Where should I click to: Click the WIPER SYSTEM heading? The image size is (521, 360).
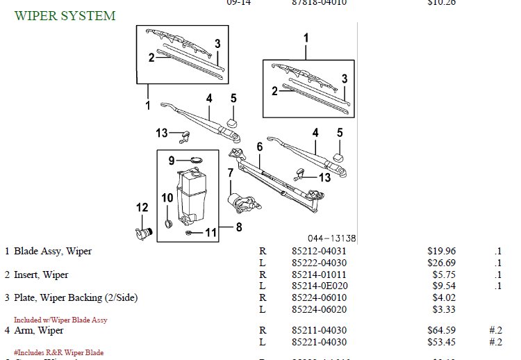pyautogui.click(x=65, y=15)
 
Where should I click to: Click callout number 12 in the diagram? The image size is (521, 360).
pyautogui.click(x=142, y=207)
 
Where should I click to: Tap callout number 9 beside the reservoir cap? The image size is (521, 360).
pyautogui.click(x=171, y=161)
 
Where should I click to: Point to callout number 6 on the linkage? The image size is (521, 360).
pyautogui.click(x=260, y=147)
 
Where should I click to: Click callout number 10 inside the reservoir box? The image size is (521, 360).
pyautogui.click(x=167, y=198)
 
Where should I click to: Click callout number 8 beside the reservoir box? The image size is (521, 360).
pyautogui.click(x=238, y=227)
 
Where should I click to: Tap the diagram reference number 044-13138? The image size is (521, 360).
pyautogui.click(x=332, y=238)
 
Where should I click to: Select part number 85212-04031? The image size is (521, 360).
pyautogui.click(x=319, y=251)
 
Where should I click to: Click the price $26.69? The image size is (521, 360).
pyautogui.click(x=441, y=263)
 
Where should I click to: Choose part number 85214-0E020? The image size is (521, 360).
pyautogui.click(x=320, y=286)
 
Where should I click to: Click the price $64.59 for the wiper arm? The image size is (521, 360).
pyautogui.click(x=441, y=330)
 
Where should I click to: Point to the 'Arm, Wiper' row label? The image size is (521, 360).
pyautogui.click(x=39, y=330)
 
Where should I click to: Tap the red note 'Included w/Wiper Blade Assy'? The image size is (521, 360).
pyautogui.click(x=60, y=320)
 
